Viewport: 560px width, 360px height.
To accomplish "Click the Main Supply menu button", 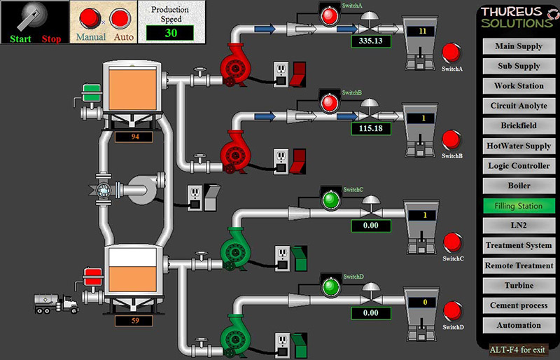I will (518, 46).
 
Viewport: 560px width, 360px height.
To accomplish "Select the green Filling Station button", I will (518, 206).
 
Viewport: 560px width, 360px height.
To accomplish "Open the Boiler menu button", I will (518, 186).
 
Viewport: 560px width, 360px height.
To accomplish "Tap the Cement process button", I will (518, 305).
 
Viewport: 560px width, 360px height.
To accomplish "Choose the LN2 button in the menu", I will (518, 226).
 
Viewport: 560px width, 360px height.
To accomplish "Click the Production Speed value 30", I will (171, 33).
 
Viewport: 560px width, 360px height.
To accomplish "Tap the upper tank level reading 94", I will (135, 137).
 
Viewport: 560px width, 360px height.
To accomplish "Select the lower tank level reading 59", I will (135, 321).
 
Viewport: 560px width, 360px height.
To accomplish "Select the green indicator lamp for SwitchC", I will (329, 200).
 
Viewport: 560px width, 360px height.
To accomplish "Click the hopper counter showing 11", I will (422, 31).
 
